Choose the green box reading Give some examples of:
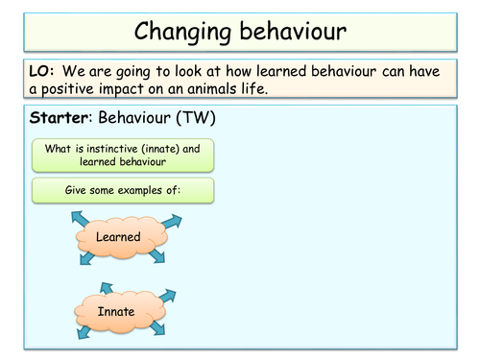click(x=122, y=189)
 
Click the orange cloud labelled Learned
click(x=119, y=235)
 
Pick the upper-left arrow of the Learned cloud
click(x=76, y=219)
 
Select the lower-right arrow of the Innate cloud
click(x=162, y=332)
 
